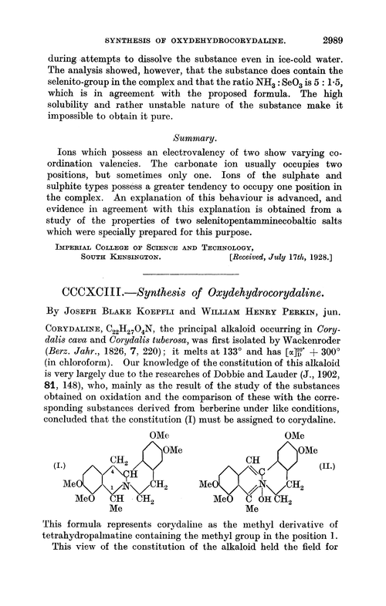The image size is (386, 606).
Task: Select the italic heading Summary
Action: tap(191, 140)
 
